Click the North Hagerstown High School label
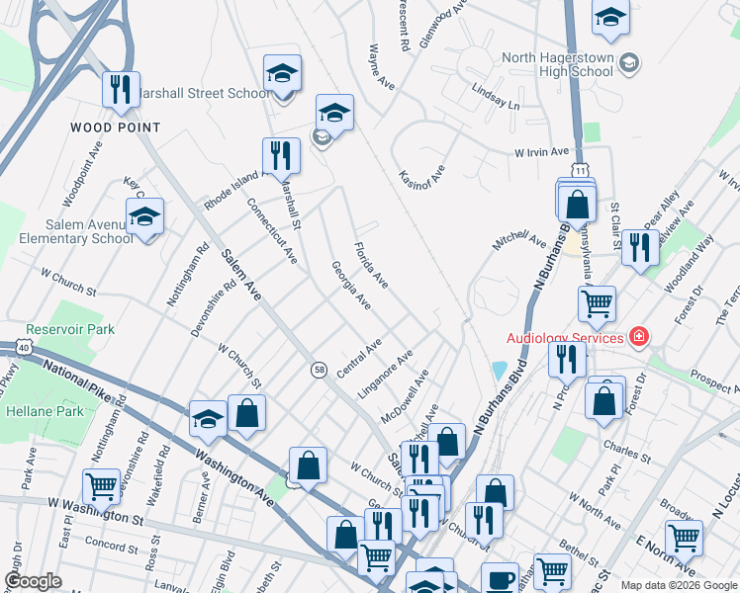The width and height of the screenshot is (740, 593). (558, 65)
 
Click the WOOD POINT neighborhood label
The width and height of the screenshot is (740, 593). (116, 127)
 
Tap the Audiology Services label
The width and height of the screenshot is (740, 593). (565, 337)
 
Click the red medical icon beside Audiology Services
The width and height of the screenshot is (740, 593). (640, 337)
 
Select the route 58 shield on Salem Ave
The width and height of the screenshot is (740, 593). (319, 368)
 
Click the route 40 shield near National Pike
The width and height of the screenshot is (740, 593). (21, 347)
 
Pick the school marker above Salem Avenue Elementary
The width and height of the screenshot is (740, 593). (145, 217)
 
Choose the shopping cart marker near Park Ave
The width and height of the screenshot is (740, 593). (102, 485)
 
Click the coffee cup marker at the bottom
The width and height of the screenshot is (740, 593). (500, 578)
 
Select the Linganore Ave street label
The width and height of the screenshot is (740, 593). (386, 373)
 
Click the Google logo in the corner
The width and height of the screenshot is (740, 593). (34, 581)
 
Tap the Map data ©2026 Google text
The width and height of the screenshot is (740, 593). (678, 584)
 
